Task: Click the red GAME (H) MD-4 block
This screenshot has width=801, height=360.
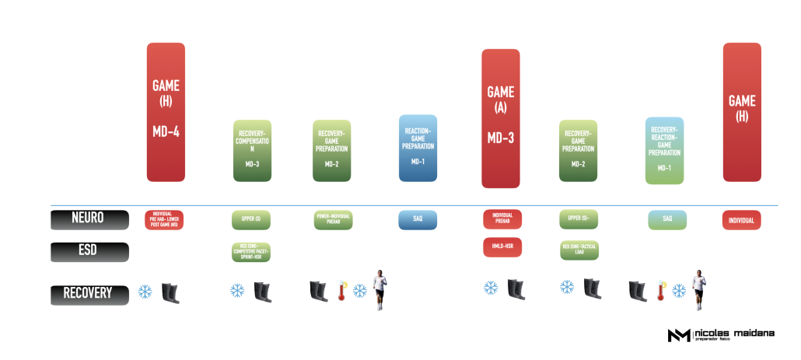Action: coord(166,112)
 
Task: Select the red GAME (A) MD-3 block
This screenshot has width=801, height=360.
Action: coord(501,118)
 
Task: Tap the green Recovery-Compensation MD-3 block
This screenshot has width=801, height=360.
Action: coord(252,151)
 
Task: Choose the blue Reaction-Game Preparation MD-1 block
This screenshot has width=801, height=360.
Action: coord(418,149)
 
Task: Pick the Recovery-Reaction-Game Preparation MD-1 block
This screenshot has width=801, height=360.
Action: coord(665,151)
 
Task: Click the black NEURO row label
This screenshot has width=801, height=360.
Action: coord(89,220)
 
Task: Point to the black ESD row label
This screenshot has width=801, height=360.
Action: coord(89,252)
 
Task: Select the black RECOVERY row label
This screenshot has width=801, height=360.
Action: coord(89,293)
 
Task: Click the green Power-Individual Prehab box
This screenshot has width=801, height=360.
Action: coord(333,220)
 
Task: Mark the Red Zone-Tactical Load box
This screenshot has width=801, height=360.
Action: coord(579,250)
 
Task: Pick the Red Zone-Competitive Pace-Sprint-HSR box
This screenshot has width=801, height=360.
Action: coord(252,251)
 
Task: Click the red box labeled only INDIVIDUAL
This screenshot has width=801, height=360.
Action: coord(742,220)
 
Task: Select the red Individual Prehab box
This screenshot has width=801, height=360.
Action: coord(502,219)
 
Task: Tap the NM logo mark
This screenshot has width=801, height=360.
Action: coord(677,335)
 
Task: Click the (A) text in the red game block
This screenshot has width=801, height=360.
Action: coord(501,109)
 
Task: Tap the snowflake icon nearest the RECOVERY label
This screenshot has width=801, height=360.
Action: coord(145,292)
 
